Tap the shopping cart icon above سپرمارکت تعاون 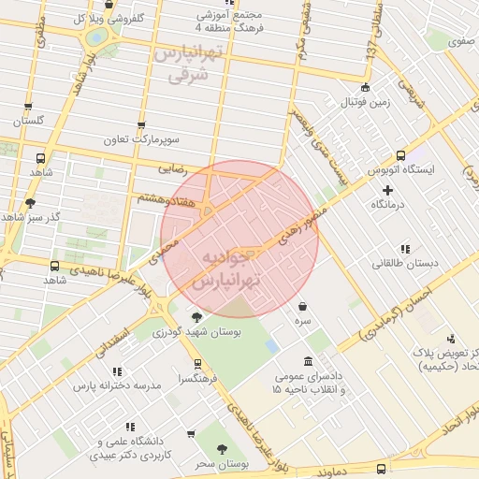141,124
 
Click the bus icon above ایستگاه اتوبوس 400,156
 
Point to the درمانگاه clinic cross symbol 387,190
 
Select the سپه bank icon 303,306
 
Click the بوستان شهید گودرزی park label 196,333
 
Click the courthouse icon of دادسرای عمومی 309,362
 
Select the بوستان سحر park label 222,464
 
